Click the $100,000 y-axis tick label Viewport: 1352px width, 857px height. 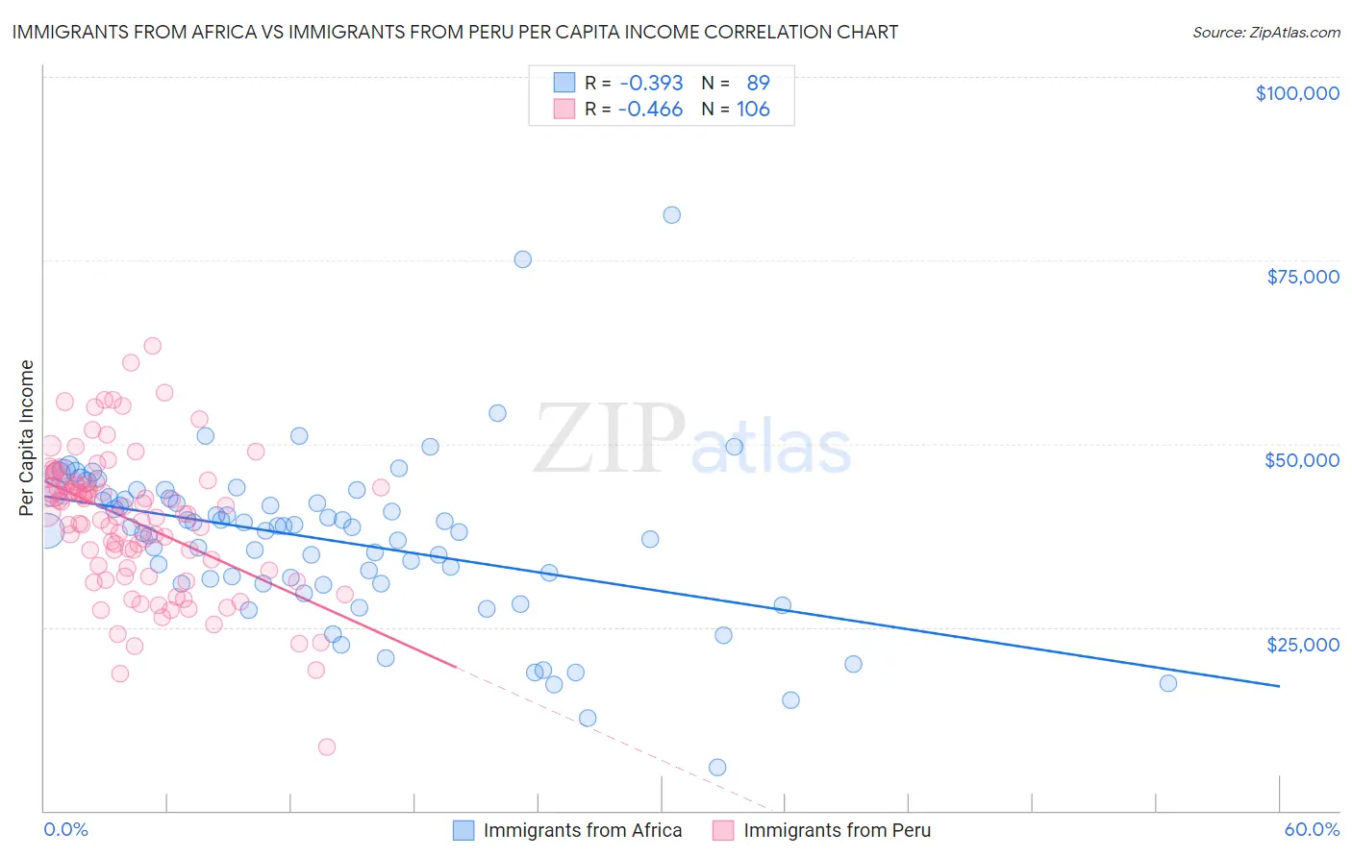[1297, 93]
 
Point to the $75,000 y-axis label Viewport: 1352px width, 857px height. [1303, 277]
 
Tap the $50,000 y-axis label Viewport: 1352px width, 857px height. [1302, 460]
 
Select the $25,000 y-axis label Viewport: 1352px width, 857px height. [1303, 644]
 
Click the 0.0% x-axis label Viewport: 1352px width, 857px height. [65, 829]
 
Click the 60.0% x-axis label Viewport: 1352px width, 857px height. [1312, 829]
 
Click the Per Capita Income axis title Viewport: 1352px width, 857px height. [27, 438]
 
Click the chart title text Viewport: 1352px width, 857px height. [455, 32]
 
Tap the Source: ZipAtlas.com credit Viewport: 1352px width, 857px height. [1265, 32]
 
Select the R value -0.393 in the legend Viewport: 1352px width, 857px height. [651, 83]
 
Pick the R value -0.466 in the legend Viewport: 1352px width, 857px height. [651, 109]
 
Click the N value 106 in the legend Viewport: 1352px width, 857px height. [753, 109]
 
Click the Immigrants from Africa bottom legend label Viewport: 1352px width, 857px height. [582, 830]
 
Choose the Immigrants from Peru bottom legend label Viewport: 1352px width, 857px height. [837, 830]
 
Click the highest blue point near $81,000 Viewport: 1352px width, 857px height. [671, 215]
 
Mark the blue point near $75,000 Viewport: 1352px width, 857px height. [522, 259]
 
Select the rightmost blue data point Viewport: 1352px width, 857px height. [1167, 683]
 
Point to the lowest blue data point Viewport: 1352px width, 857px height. [717, 767]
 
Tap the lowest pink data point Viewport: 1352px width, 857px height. [327, 747]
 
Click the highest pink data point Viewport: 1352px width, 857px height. [152, 346]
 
